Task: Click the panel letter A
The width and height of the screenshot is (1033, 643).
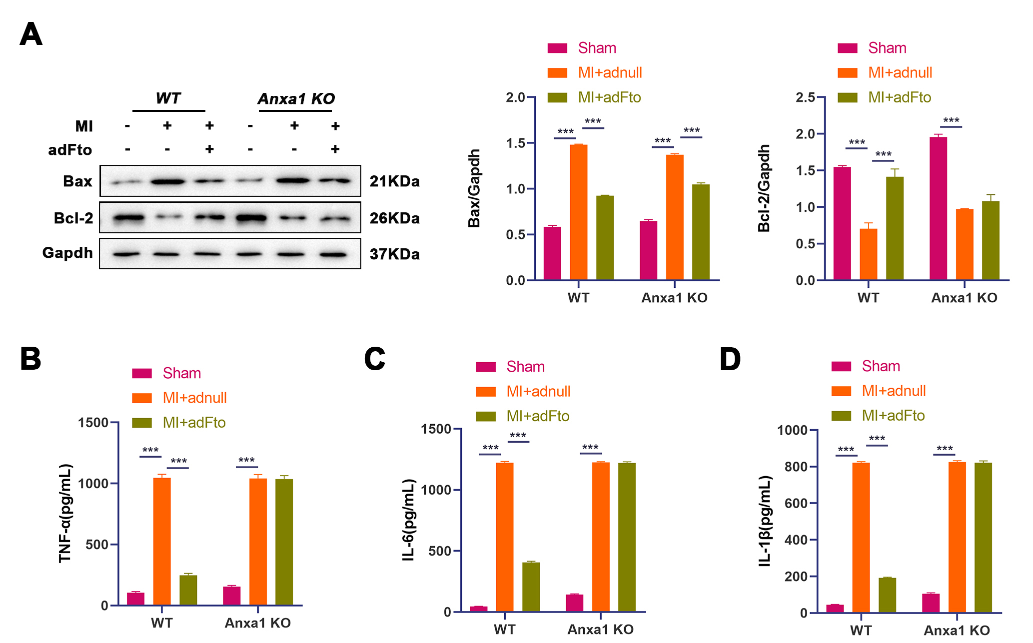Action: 31,34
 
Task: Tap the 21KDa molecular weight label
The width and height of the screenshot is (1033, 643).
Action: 394,181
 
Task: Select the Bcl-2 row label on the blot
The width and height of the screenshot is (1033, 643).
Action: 73,218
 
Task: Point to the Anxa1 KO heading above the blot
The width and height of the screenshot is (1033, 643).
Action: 296,98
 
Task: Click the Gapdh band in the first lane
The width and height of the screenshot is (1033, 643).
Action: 126,254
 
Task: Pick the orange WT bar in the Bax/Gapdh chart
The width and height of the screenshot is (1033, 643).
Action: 578,212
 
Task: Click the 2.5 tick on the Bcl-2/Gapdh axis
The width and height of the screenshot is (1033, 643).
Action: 805,97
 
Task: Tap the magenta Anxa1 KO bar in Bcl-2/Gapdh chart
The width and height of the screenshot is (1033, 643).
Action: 938,208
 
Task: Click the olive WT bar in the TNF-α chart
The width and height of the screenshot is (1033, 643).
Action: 188,590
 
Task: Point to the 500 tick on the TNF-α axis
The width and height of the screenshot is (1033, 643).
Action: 97,545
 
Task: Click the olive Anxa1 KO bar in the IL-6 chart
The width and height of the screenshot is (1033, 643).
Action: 627,537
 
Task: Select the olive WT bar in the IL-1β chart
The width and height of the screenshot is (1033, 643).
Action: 887,595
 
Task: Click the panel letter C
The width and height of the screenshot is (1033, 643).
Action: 375,359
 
